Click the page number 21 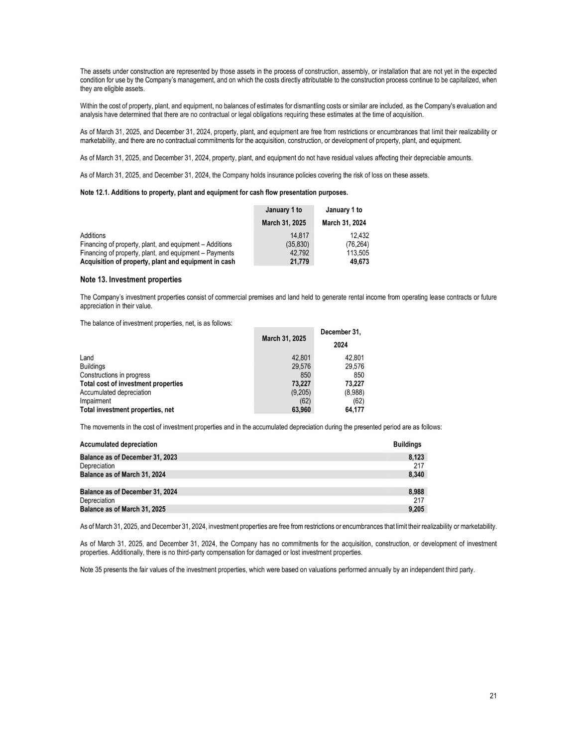pos(493,696)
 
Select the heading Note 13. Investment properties pos(131,280)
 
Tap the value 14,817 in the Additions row pos(300,236)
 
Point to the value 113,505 pos(357,253)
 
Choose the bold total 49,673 pos(358,262)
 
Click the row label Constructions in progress pos(115,375)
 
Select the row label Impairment pos(96,401)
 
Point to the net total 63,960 pos(301,410)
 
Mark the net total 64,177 pos(354,410)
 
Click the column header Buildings pos(407,445)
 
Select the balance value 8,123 pos(416,457)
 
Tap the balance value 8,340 pos(416,474)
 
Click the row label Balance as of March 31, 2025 pos(123,509)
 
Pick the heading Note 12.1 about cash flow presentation pos(214,192)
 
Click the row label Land pos(87,358)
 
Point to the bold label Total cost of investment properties pos(131,383)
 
